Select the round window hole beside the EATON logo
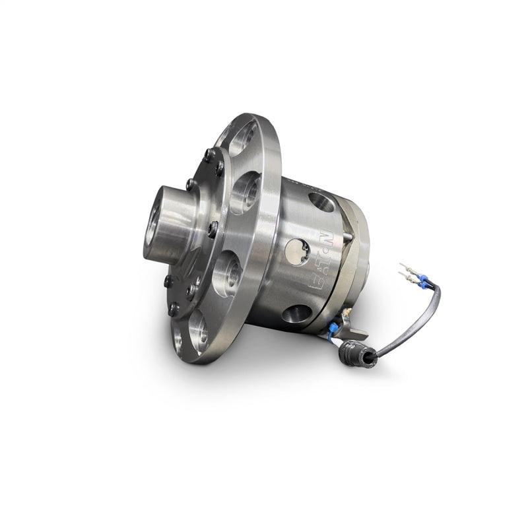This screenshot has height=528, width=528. [x=296, y=251]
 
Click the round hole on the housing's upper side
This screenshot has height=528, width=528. [x=321, y=202]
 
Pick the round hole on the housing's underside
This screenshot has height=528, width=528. [x=297, y=313]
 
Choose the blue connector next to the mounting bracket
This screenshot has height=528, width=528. [x=335, y=327]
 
